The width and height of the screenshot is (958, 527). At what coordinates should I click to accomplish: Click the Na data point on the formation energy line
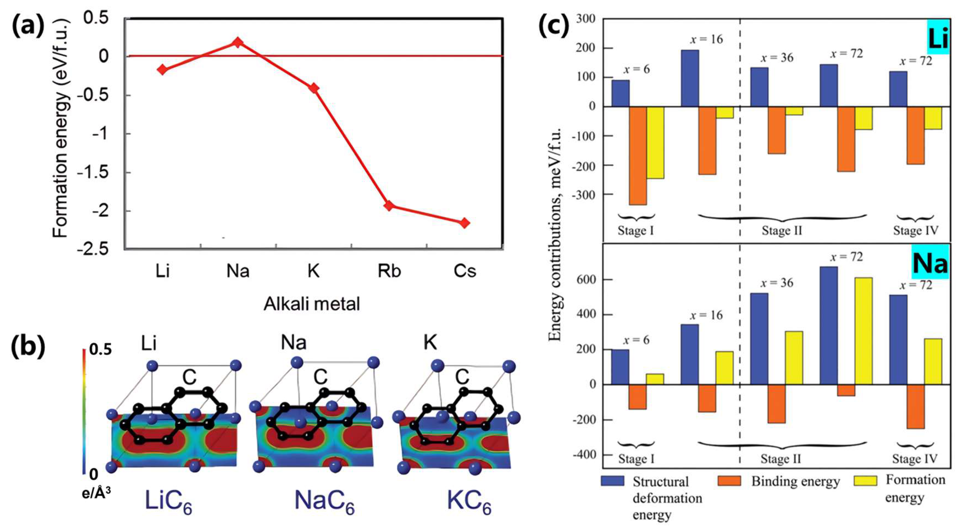click(237, 42)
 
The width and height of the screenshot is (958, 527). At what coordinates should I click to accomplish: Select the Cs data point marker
click(465, 223)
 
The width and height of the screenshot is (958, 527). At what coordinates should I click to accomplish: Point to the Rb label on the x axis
click(389, 271)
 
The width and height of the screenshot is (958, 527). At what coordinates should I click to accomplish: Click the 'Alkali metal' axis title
click(312, 304)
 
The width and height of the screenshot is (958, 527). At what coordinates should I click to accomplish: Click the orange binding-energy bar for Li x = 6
click(637, 155)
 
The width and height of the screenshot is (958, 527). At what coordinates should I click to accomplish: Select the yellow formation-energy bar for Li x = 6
click(655, 143)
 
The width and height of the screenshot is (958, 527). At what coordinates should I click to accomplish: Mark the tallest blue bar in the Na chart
click(829, 325)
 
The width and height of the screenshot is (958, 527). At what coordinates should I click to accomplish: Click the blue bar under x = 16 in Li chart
click(690, 78)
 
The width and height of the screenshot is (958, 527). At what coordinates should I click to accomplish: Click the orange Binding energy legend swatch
click(729, 481)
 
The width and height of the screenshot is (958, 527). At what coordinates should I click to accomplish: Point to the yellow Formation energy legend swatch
click(865, 481)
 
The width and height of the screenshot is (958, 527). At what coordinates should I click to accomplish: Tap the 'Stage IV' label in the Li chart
click(916, 231)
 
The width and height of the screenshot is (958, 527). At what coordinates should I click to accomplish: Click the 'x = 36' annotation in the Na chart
click(777, 283)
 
